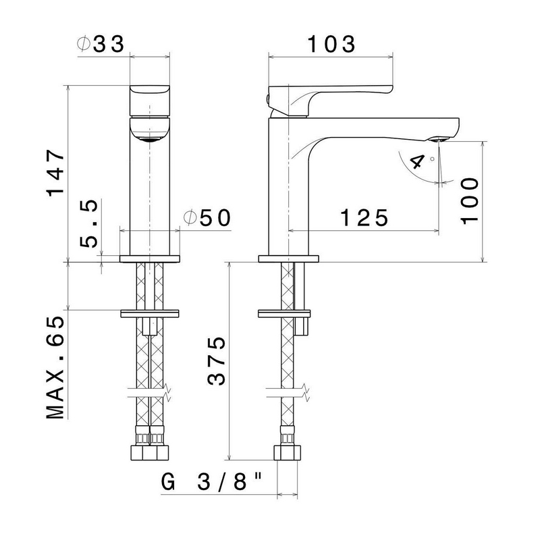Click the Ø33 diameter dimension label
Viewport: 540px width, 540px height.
pos(101,45)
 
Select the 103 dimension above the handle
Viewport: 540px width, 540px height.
pos(331,45)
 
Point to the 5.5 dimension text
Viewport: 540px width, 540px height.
pos(89,223)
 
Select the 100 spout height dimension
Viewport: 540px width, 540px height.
pos(466,200)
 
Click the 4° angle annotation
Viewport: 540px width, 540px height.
pos(419,162)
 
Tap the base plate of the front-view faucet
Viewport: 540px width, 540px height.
pos(150,259)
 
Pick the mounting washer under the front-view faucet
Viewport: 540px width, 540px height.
pos(150,314)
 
